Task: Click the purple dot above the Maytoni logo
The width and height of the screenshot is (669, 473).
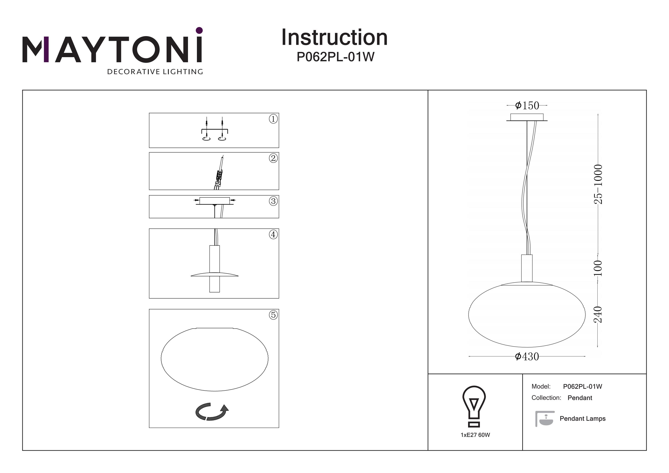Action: (x=199, y=30)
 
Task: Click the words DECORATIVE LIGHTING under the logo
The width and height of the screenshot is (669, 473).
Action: (x=155, y=72)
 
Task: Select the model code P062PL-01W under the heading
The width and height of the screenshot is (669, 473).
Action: (x=335, y=57)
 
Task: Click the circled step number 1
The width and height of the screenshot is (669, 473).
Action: (x=273, y=119)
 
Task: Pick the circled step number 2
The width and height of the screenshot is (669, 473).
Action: (x=273, y=158)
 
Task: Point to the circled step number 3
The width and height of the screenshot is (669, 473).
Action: (x=273, y=201)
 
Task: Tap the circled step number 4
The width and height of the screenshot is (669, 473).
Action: (x=273, y=235)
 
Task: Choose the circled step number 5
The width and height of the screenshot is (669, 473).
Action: (x=273, y=315)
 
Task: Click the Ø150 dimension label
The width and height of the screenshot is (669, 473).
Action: (x=527, y=105)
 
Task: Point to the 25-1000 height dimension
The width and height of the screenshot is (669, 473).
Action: (x=598, y=184)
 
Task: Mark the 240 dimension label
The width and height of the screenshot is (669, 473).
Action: (x=598, y=315)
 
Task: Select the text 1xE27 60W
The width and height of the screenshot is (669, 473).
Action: (x=475, y=435)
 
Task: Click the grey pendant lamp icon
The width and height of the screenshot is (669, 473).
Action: (x=544, y=419)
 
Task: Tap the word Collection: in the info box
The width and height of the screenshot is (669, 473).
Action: (x=546, y=398)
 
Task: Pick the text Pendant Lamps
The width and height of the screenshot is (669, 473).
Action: (x=582, y=419)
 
